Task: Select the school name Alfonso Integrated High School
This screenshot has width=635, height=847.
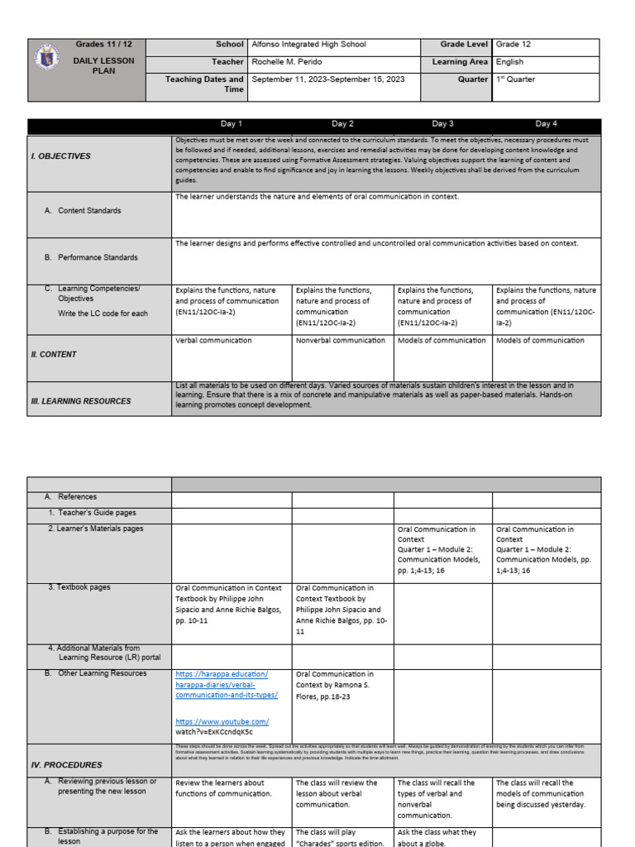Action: click(308, 45)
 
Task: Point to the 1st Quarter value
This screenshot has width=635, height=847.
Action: click(515, 79)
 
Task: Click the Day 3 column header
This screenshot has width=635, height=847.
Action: click(442, 124)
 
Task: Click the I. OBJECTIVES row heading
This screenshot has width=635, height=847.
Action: click(62, 156)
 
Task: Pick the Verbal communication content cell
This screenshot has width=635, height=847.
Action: click(213, 341)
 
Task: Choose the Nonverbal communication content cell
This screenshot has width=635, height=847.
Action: click(341, 341)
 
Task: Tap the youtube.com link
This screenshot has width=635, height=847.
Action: click(222, 721)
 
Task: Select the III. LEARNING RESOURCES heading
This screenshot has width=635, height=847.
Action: click(81, 401)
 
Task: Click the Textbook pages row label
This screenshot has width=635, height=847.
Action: click(80, 587)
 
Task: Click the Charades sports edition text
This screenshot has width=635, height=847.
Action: click(340, 842)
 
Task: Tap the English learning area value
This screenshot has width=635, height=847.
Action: click(509, 62)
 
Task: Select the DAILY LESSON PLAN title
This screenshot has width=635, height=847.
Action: click(103, 66)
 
